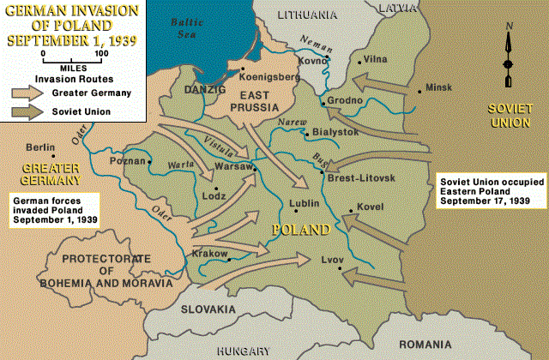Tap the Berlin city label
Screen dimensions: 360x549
click(x=41, y=147)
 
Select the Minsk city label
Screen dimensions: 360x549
click(x=439, y=87)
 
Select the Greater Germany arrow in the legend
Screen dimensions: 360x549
click(x=28, y=93)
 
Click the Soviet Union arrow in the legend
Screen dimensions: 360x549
click(x=28, y=111)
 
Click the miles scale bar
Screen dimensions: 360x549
click(x=72, y=57)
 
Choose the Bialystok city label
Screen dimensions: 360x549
click(x=335, y=133)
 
